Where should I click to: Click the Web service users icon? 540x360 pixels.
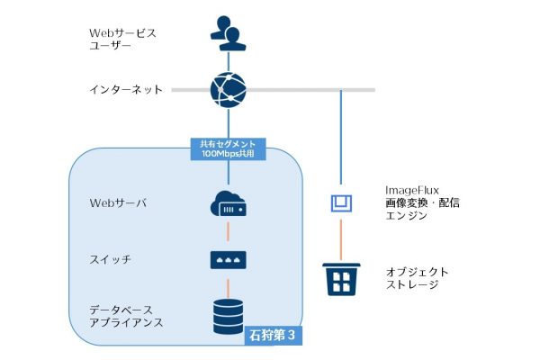tap(229, 32)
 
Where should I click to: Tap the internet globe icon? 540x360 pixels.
tap(229, 89)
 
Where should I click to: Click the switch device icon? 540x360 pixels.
tap(229, 259)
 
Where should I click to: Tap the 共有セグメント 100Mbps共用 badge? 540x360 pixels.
tap(229, 148)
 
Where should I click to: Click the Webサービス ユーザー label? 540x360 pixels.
tap(122, 39)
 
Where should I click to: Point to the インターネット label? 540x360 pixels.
tap(127, 90)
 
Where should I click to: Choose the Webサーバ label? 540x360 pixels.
tap(118, 202)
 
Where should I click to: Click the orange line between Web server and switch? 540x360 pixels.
tap(229, 232)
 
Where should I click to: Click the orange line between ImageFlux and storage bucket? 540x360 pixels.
tap(341, 238)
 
